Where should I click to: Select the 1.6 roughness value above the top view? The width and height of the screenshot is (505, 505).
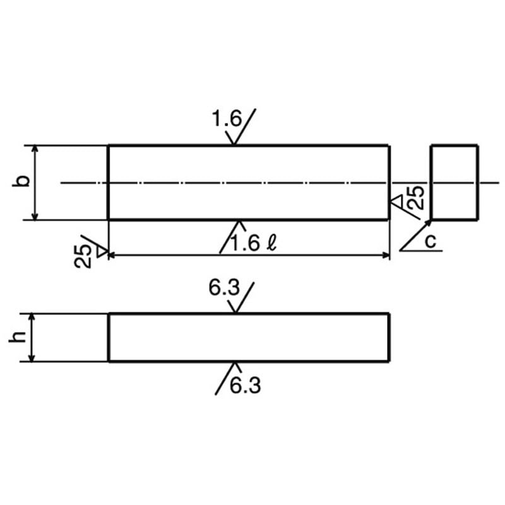tap(227, 118)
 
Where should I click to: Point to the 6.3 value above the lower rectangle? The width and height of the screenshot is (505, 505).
tap(223, 290)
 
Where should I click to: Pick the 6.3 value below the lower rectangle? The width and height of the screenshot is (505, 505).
tap(245, 385)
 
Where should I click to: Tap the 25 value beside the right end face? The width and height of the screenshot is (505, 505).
tap(416, 198)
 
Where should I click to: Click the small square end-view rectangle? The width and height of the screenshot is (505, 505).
tap(454, 182)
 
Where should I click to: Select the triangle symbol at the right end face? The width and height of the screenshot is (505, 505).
tap(396, 201)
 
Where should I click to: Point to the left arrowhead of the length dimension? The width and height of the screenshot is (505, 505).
tap(112, 255)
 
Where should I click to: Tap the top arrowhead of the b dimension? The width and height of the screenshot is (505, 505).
tap(35, 149)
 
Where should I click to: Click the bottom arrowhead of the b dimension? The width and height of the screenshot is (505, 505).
tap(35, 216)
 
